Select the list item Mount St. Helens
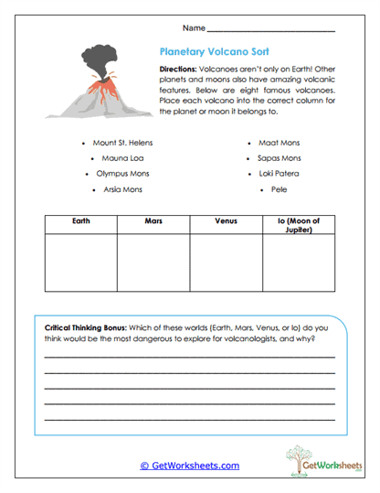pos(122,144)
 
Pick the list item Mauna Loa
pos(122,158)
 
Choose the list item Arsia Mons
pos(122,188)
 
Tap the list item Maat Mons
pos(280,144)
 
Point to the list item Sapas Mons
pos(280,158)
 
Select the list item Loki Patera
pos(280,173)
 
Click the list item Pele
pos(279,188)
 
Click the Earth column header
pos(80,221)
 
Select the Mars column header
pos(153,221)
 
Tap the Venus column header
pos(226,221)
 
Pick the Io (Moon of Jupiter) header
pos(299,225)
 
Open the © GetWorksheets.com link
pos(190,466)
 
